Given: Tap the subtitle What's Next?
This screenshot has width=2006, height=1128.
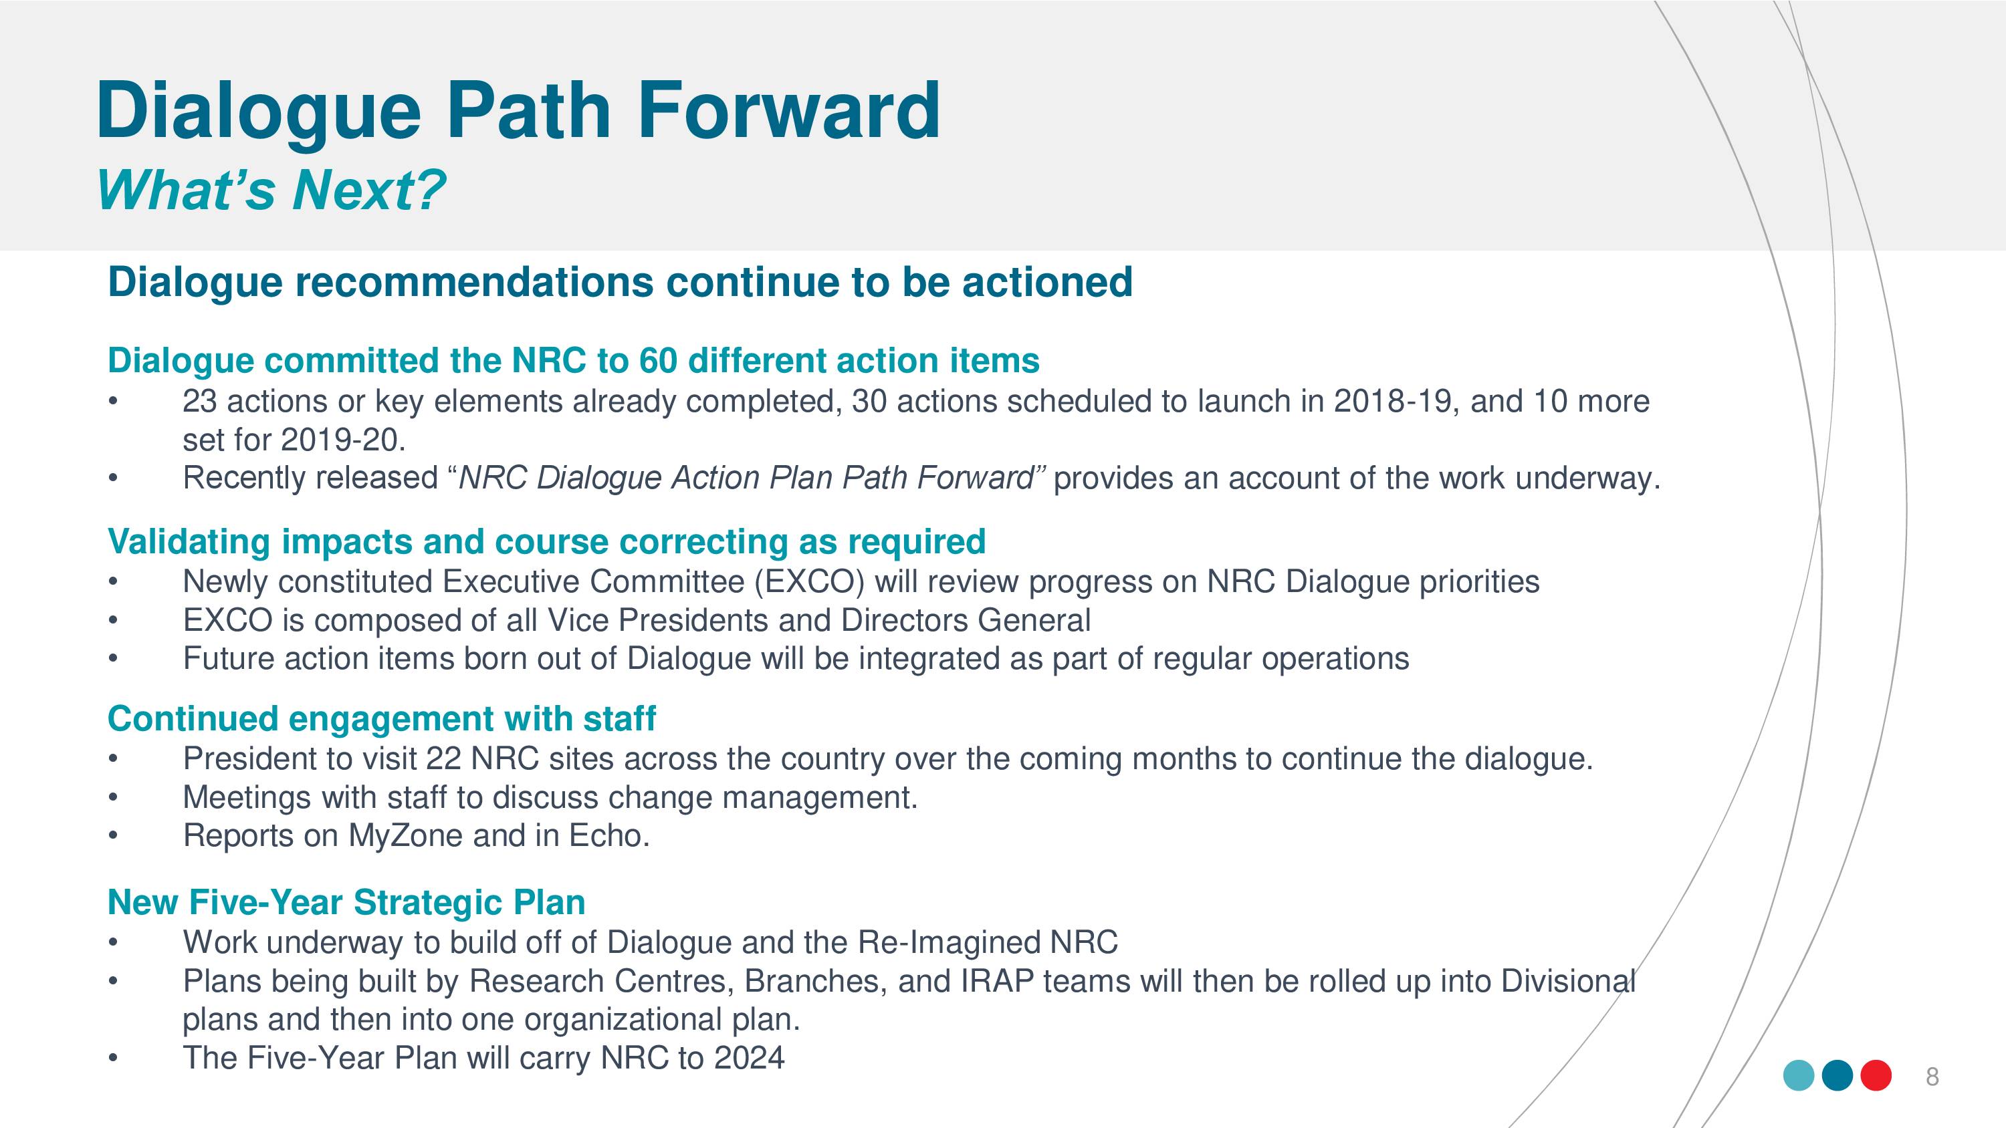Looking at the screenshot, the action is tap(271, 190).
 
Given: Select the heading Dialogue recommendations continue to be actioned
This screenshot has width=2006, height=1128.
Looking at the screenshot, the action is tap(620, 282).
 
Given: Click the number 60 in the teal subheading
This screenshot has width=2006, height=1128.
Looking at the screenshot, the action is tap(657, 360).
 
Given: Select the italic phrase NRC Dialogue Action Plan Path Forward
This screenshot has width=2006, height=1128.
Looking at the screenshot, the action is tap(746, 478).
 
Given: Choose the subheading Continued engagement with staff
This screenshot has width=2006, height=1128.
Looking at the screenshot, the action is tap(382, 718).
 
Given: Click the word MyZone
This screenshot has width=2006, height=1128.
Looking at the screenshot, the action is tap(406, 836).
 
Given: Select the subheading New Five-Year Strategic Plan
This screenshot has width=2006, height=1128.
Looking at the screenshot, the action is tap(346, 902).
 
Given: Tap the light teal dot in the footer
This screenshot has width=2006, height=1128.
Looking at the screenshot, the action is tap(1799, 1075).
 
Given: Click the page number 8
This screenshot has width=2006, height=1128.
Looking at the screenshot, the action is tap(1932, 1077).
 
